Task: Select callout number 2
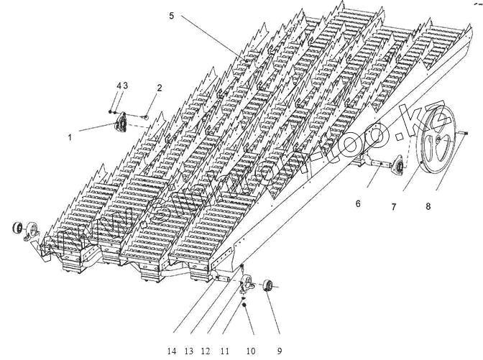[160, 88]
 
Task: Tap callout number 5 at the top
[171, 16]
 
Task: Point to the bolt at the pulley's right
[463, 132]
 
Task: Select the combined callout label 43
[122, 86]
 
